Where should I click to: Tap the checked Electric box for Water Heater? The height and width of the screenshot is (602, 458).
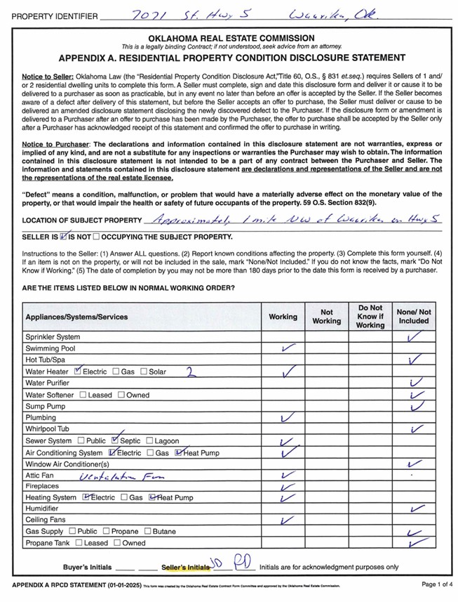(x=78, y=371)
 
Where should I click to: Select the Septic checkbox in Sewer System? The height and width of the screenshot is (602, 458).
(x=115, y=440)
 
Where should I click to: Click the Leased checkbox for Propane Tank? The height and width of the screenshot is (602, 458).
(x=79, y=543)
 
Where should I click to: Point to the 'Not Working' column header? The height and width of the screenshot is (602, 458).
(x=326, y=316)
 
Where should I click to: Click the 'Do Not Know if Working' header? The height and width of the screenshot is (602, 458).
(x=370, y=316)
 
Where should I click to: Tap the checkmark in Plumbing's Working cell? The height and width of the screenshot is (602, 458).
(x=285, y=417)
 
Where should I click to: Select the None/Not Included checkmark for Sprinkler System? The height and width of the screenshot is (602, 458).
(x=413, y=336)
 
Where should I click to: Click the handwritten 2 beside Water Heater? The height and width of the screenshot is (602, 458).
(x=189, y=371)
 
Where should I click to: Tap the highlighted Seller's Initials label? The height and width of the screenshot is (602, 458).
(x=185, y=567)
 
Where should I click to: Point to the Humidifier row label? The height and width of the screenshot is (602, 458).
(x=41, y=509)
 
